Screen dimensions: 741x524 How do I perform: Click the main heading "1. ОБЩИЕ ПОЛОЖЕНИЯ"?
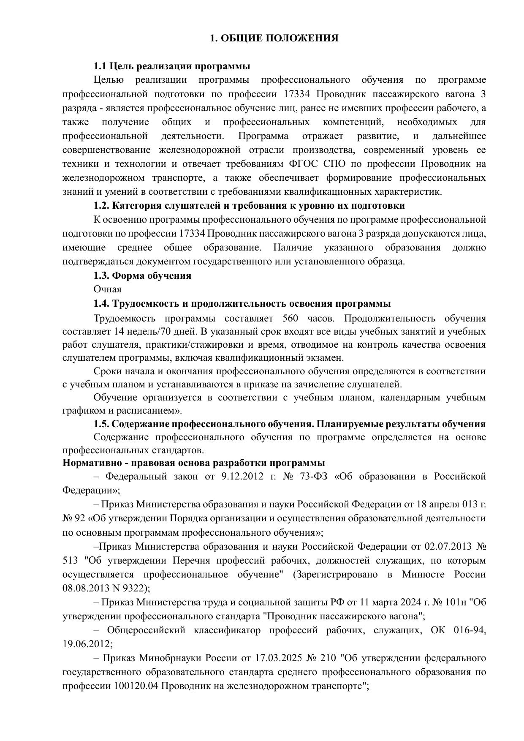[x=274, y=38]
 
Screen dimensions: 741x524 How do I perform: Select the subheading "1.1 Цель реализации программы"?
[x=171, y=66]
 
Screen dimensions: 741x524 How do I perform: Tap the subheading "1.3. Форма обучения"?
[x=142, y=276]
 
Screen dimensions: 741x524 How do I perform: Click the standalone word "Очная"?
[x=107, y=289]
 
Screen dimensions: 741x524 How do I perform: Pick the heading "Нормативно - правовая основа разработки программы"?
[x=193, y=463]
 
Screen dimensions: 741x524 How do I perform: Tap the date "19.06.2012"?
[x=87, y=644]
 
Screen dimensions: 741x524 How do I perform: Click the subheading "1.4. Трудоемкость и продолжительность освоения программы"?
[x=242, y=304]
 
